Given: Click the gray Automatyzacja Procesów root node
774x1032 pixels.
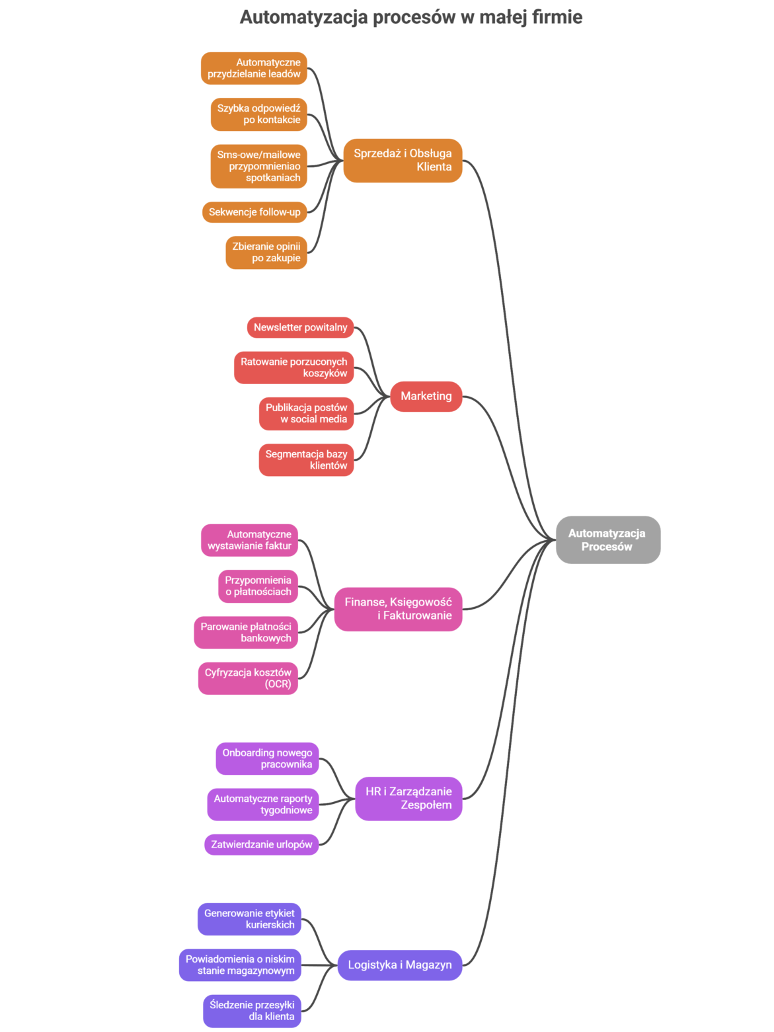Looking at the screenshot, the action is pyautogui.click(x=607, y=539).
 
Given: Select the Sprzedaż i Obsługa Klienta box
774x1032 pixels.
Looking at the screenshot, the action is pyautogui.click(x=403, y=161).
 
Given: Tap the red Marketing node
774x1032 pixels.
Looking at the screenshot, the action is pyautogui.click(x=426, y=397).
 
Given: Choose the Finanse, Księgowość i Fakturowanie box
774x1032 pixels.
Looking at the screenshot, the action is pyautogui.click(x=398, y=609).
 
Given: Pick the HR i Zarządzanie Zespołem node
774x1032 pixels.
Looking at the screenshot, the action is pyautogui.click(x=408, y=799).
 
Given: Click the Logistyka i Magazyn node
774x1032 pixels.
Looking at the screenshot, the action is pyautogui.click(x=400, y=965).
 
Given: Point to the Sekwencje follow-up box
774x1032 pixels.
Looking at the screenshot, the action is pyautogui.click(x=254, y=212).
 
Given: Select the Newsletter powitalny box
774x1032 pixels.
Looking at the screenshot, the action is pyautogui.click(x=300, y=327).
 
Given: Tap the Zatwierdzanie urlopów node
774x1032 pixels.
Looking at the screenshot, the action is pyautogui.click(x=261, y=844).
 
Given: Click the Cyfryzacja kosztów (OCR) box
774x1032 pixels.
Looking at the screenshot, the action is pyautogui.click(x=248, y=678).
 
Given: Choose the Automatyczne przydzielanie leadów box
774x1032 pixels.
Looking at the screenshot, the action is pyautogui.click(x=254, y=68).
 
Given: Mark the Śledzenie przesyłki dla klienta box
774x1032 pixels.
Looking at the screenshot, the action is pyautogui.click(x=252, y=1011).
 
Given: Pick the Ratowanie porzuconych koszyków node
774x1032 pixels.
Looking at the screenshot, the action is pyautogui.click(x=293, y=368).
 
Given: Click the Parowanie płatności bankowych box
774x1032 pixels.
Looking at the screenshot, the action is pyautogui.click(x=246, y=633).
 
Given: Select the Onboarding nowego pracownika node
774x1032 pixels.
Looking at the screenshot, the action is pyautogui.click(x=267, y=758).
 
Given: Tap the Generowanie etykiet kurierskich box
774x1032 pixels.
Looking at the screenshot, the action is pyautogui.click(x=249, y=919).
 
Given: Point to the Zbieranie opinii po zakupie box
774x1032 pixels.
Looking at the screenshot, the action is pyautogui.click(x=266, y=253).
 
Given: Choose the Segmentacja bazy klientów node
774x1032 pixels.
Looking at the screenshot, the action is pyautogui.click(x=306, y=460).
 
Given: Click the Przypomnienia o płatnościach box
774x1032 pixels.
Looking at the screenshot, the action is pyautogui.click(x=258, y=586).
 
